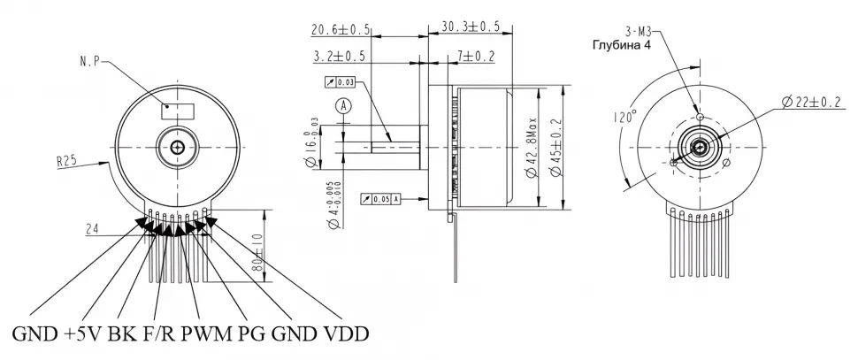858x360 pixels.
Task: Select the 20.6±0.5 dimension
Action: (341, 29)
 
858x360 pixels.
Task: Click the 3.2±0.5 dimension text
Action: (341, 57)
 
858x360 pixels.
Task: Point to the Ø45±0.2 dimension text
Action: (556, 147)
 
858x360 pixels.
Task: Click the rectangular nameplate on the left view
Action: (178, 111)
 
